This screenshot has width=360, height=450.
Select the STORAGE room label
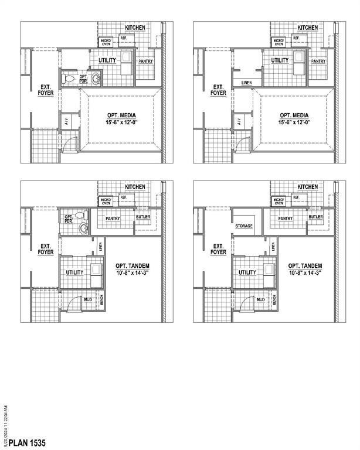tap(244, 226)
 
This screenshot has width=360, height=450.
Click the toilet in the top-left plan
tap(69, 78)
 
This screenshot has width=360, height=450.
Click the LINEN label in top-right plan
tap(247, 83)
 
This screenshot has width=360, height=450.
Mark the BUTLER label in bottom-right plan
tap(316, 217)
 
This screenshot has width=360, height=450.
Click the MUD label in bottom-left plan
tap(88, 299)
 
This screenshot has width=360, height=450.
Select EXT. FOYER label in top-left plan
tap(46, 90)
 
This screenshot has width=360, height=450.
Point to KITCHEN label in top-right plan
tap(307, 28)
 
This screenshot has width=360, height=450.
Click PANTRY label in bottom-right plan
tap(286, 218)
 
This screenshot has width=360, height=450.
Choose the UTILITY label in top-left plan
tap(107, 60)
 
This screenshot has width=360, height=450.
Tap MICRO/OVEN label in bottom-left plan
tap(106, 201)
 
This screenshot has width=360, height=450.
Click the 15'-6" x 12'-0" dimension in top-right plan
tap(294, 122)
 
